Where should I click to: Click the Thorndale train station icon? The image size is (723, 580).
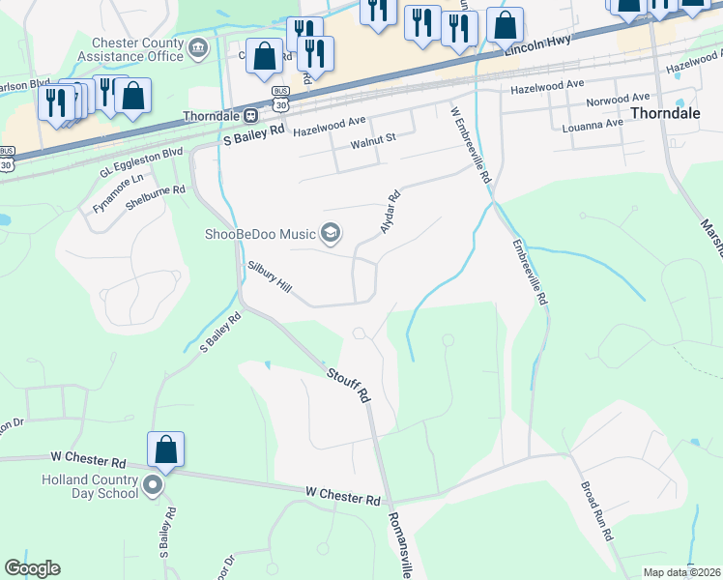250,115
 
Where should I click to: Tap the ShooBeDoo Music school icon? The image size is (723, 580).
331,233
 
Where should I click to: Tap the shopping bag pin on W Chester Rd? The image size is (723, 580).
165,450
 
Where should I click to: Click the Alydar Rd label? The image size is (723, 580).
390,212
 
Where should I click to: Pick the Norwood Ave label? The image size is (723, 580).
619,99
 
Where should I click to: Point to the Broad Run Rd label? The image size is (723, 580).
597,511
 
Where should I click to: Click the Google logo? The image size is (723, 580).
32,568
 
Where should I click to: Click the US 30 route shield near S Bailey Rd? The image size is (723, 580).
280,104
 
